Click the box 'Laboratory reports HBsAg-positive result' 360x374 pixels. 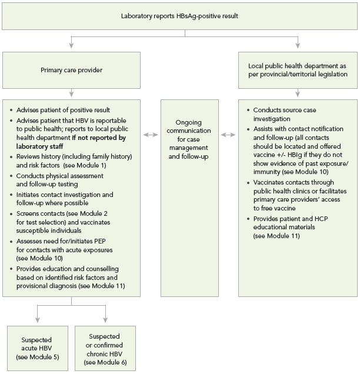click(x=179, y=16)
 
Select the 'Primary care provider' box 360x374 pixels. click(x=71, y=70)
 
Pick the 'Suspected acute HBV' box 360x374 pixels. click(x=36, y=348)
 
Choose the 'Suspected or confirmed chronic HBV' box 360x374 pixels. click(x=106, y=348)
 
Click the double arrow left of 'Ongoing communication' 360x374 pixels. click(x=151, y=135)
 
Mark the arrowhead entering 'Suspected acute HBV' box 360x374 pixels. click(x=36, y=322)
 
